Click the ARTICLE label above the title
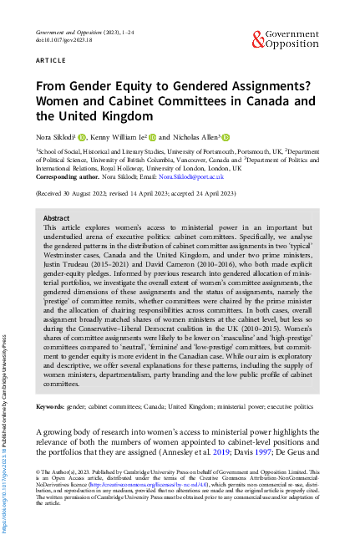point(51,62)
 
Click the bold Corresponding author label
point(70,177)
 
